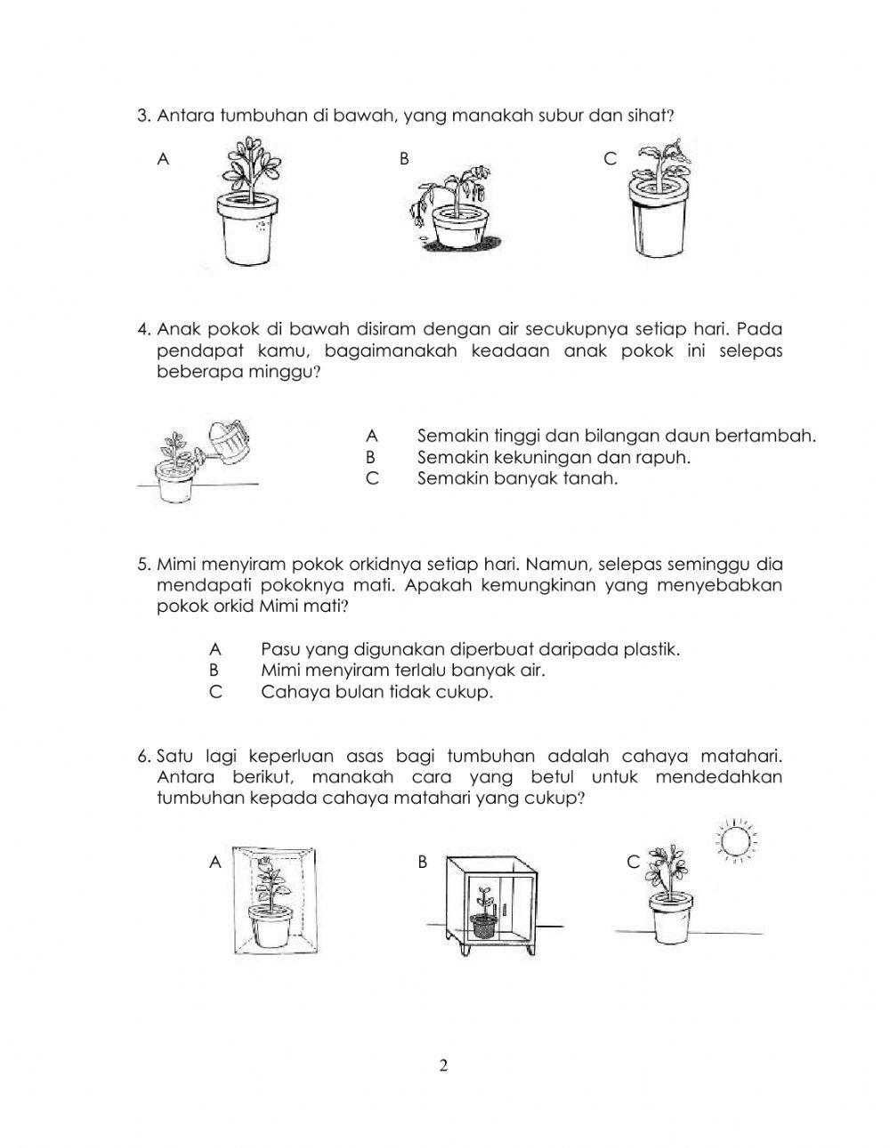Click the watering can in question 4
pos(227,442)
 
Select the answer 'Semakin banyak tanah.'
pos(517,478)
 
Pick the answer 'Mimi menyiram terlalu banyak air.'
pos(402,670)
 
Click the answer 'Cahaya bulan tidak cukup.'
pos(376,692)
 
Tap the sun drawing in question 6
pos(736,839)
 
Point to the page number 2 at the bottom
pos(444,1065)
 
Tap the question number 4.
pos(142,330)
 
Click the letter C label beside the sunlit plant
pos(633,862)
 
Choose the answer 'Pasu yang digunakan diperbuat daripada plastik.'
pos(470,649)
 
